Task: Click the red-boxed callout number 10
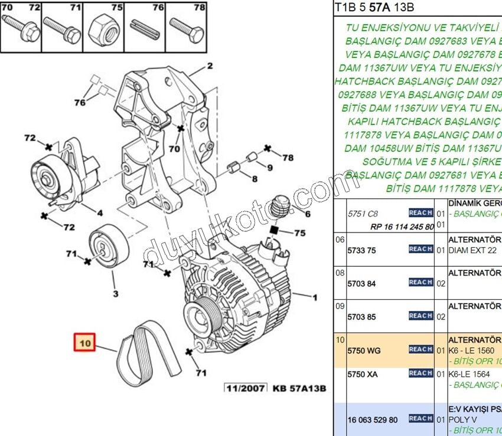[x=84, y=343]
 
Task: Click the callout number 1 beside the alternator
[x=315, y=297]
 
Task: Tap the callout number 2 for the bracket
[x=210, y=66]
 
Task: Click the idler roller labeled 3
[x=107, y=247]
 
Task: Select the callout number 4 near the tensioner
[x=100, y=213]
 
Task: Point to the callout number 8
[x=255, y=179]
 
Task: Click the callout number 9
[x=269, y=167]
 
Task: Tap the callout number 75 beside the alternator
[x=300, y=233]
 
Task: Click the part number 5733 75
[x=361, y=250]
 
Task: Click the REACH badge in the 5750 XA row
[x=420, y=373]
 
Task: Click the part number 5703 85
[x=361, y=316]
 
